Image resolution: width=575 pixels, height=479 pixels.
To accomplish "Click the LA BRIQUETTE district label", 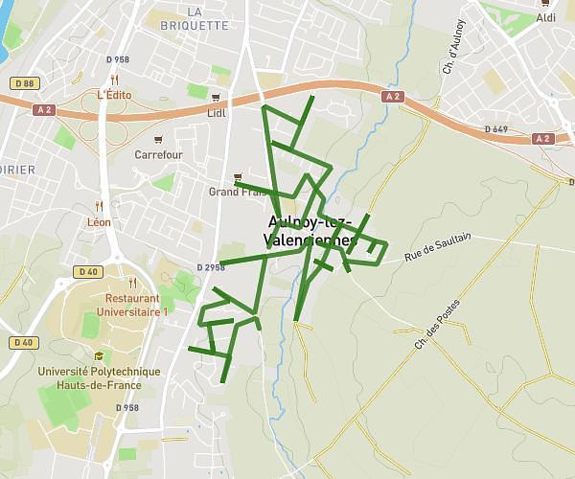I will tap(208, 18).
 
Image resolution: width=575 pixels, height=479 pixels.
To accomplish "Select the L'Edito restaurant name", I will tap(114, 95).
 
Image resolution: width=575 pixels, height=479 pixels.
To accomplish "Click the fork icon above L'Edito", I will tap(114, 80).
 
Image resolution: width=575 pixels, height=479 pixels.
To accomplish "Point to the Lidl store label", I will tap(217, 112).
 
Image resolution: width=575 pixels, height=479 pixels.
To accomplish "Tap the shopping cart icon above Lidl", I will tap(217, 98).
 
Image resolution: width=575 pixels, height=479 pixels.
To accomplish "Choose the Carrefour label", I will tap(158, 154).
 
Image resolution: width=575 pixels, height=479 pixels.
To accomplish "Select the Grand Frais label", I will tap(236, 192).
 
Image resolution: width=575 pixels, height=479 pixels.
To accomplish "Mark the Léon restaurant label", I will tap(99, 222).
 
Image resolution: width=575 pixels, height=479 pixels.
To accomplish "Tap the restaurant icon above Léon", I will tap(99, 206).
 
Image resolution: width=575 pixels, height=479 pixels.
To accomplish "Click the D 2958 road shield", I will tap(211, 267).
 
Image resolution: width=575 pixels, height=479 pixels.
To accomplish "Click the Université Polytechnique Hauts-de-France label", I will tap(99, 378).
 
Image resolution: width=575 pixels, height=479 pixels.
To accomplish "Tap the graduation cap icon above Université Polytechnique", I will tap(99, 356).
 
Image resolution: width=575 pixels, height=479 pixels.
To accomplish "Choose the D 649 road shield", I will tap(495, 128).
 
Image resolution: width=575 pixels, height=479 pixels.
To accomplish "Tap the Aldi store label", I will tap(546, 18).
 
